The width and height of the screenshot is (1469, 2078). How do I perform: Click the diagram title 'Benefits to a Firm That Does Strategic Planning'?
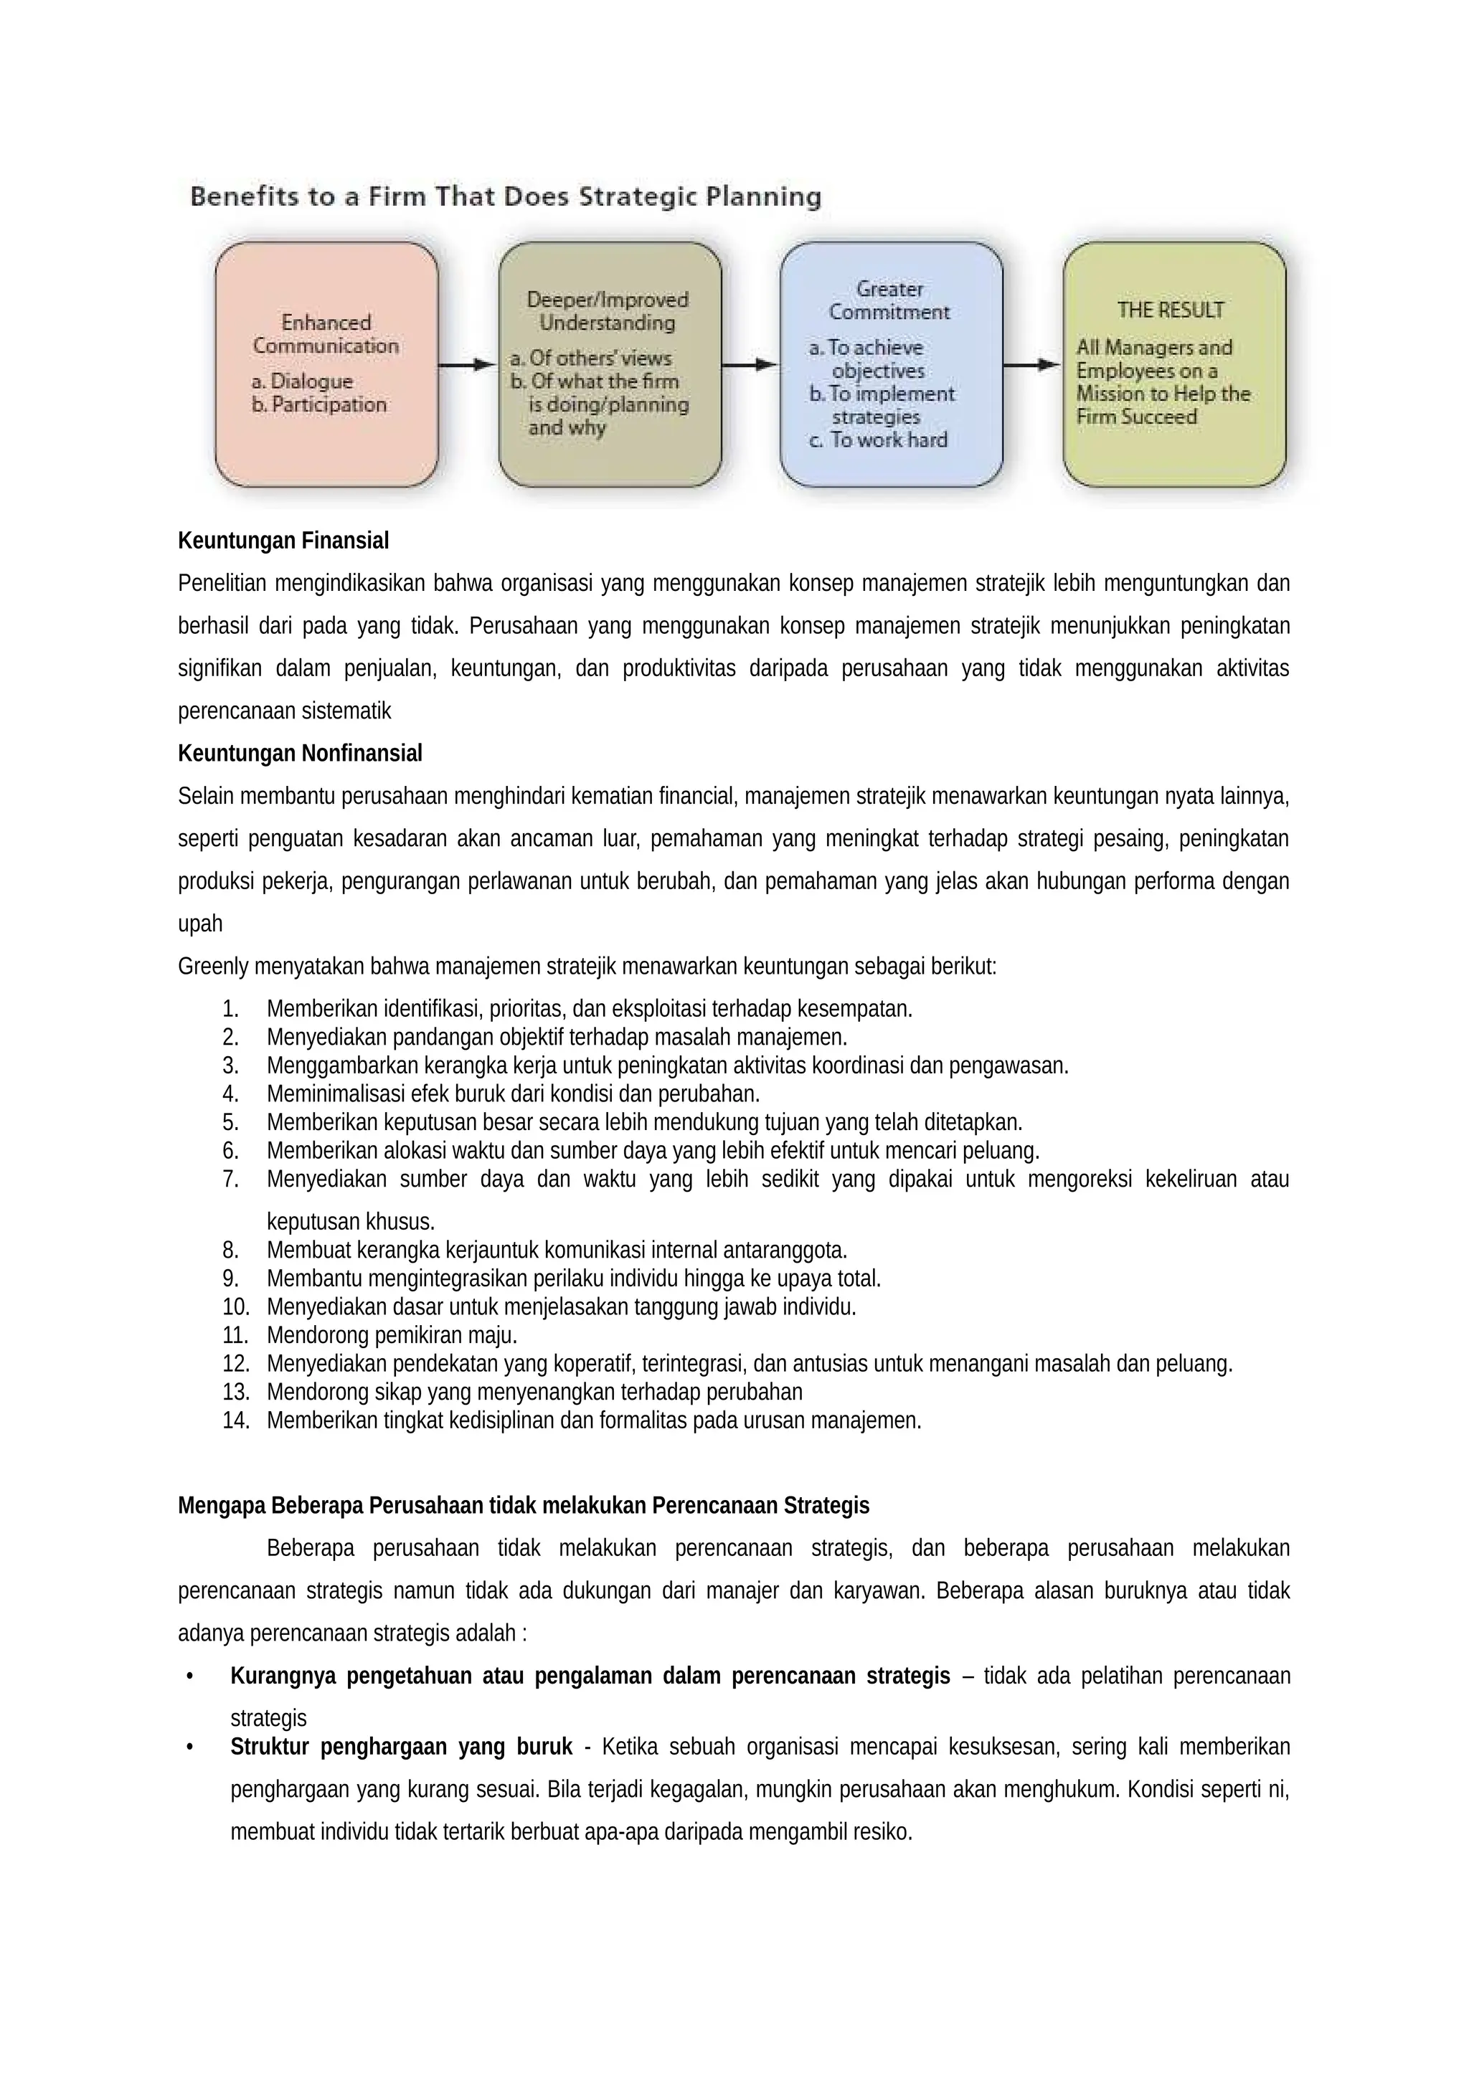505,196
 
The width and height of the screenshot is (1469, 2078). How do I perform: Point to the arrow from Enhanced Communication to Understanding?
467,365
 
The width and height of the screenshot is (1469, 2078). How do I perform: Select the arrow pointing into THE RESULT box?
1032,365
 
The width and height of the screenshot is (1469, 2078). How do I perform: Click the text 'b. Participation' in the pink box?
318,404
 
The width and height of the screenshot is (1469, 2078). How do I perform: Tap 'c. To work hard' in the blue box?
877,440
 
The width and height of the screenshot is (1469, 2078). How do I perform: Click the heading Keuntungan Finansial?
283,541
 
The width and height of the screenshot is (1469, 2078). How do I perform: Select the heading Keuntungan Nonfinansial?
300,753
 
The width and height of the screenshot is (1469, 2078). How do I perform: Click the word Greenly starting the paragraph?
213,966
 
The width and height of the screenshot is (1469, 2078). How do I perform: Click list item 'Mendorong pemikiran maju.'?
391,1335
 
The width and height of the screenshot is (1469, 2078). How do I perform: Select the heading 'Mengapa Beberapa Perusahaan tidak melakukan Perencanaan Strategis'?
523,1505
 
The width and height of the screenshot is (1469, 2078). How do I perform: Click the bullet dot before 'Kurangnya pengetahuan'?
189,1676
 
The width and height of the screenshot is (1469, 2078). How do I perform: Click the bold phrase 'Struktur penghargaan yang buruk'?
401,1747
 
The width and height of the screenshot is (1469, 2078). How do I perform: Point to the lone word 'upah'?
200,924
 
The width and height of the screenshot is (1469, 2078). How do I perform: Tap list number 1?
230,1008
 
